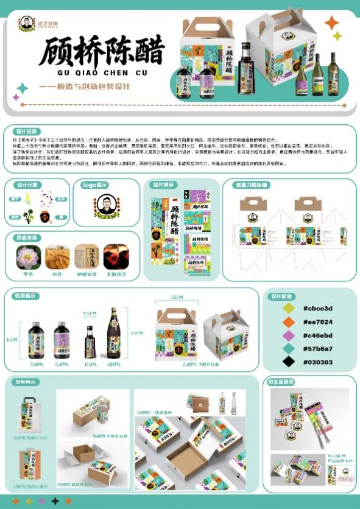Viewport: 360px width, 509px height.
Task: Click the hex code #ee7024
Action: click(317, 322)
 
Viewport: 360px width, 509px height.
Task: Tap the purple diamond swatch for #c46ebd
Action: click(289, 335)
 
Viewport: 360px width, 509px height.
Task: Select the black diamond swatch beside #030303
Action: click(289, 362)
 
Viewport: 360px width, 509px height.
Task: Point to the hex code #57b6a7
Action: click(317, 349)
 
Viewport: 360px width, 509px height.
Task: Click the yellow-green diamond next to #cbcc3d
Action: click(289, 309)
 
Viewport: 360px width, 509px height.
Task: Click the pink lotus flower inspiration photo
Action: click(27, 257)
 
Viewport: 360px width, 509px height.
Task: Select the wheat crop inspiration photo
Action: click(57, 257)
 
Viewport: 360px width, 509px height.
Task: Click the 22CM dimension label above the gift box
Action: click(177, 297)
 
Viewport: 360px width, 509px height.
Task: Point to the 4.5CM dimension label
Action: click(90, 314)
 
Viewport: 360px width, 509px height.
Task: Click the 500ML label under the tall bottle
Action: click(114, 363)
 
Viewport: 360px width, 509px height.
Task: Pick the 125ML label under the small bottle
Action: click(90, 363)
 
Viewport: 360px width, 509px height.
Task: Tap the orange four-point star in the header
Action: click(331, 23)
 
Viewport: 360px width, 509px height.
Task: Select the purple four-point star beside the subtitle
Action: click(16, 97)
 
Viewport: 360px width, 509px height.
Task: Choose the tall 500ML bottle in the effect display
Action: click(114, 334)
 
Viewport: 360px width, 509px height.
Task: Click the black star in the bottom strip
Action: click(55, 501)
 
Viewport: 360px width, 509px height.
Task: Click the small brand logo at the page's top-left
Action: click(26, 24)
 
